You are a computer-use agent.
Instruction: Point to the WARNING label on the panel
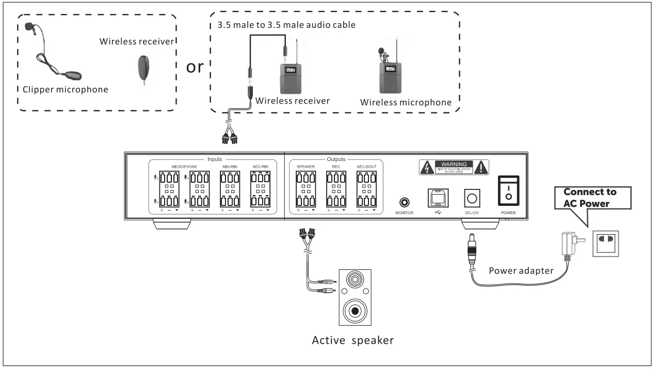pyautogui.click(x=454, y=166)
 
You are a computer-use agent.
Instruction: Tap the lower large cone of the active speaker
pyautogui.click(x=355, y=311)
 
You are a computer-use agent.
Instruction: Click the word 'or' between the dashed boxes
pyautogui.click(x=195, y=67)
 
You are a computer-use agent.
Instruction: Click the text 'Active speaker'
pyautogui.click(x=352, y=341)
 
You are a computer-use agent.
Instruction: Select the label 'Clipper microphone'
pyautogui.click(x=66, y=90)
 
